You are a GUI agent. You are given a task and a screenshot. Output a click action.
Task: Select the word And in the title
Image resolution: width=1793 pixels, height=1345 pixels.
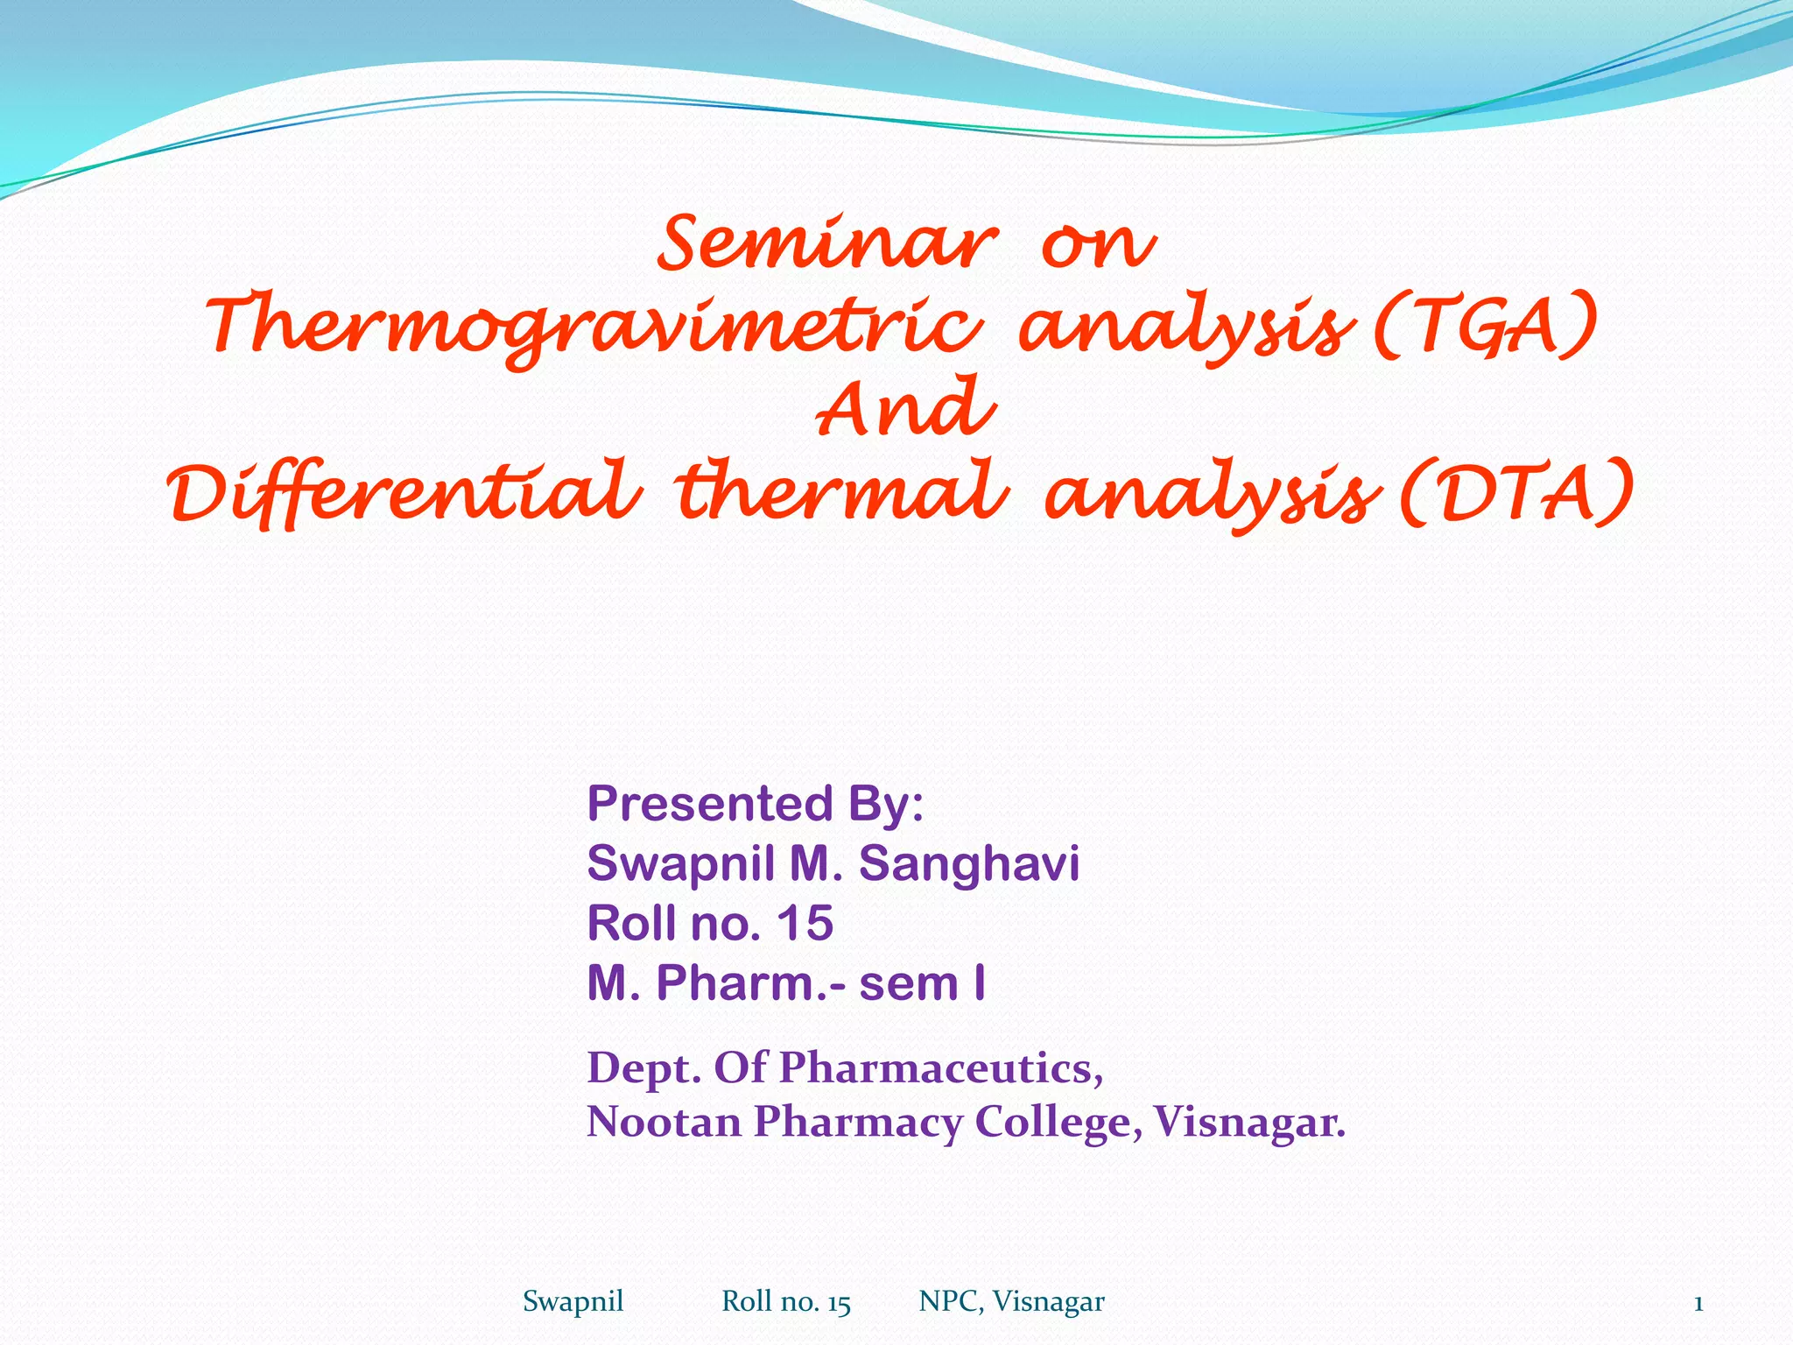coord(905,409)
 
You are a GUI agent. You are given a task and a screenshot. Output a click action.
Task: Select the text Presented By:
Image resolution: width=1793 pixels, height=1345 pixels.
coord(755,803)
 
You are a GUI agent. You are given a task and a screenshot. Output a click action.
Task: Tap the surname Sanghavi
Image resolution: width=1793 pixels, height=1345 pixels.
coord(968,863)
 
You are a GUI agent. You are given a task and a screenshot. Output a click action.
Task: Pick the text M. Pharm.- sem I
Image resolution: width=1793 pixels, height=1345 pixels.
coord(785,983)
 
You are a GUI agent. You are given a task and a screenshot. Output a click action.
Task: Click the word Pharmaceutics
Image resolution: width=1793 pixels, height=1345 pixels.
coord(940,1067)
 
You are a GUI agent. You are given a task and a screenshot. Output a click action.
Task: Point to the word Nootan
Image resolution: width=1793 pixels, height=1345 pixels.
coord(664,1122)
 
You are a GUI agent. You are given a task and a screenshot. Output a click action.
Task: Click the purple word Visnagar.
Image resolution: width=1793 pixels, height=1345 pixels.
coord(1248,1122)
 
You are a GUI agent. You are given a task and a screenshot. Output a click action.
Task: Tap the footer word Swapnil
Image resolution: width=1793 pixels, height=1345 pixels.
coord(573,1302)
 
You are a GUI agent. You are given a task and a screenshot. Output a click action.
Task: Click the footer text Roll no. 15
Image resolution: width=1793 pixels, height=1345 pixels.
coord(785,1302)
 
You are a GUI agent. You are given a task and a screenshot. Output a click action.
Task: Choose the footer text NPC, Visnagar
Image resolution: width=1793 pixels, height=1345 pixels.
coord(1011,1302)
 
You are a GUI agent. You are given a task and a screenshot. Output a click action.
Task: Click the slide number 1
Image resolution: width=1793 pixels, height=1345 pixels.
coord(1698,1304)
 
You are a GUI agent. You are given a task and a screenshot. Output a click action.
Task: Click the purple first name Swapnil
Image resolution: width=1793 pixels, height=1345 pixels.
coord(680,863)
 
